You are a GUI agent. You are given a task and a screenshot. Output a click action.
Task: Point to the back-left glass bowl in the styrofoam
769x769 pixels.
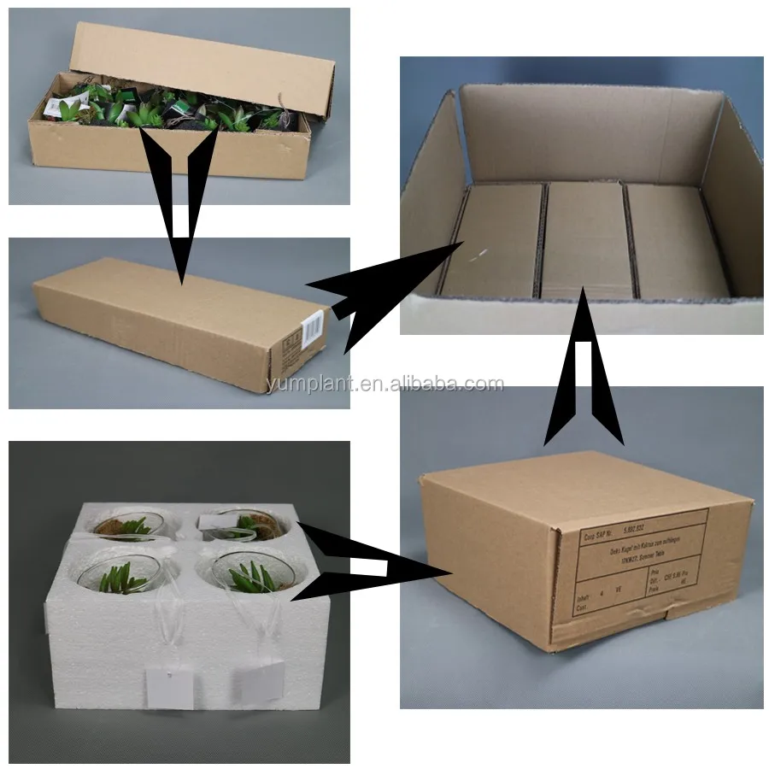pos(129,525)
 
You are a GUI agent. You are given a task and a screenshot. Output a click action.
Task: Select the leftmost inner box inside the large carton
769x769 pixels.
pos(495,239)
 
